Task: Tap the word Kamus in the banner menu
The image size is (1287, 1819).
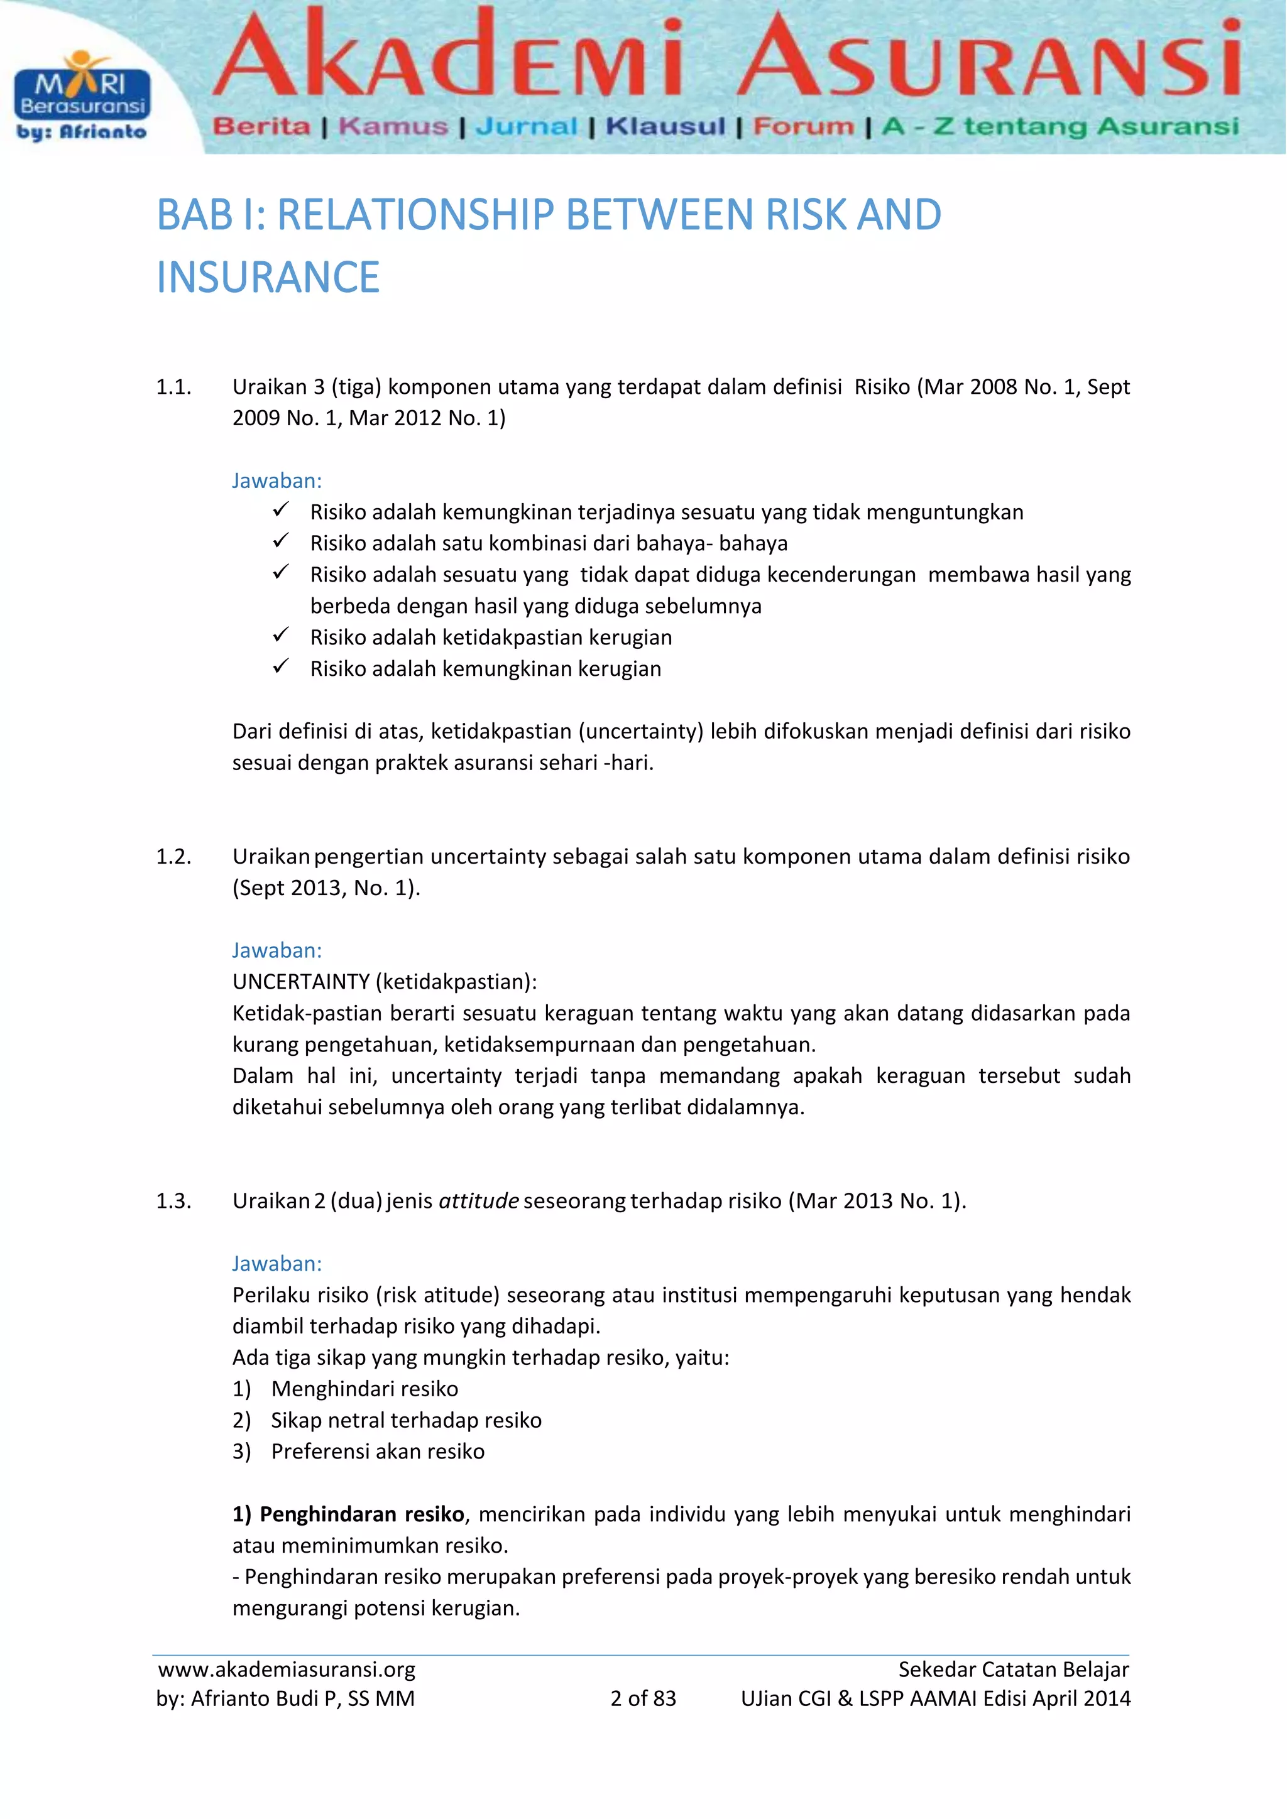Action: tap(393, 127)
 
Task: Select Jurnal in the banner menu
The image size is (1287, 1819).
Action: tap(526, 127)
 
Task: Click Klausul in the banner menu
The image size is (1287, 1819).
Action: tap(665, 127)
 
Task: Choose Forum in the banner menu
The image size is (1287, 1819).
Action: tap(804, 127)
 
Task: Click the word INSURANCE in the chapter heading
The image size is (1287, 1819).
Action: tap(268, 277)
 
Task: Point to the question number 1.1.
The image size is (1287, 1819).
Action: tap(173, 387)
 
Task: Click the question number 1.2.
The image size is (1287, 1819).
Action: tap(173, 856)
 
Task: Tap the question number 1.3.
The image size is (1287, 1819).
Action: tap(173, 1201)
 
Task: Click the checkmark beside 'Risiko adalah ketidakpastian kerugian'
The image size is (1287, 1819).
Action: tap(280, 636)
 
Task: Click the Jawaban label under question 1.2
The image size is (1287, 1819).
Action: tap(277, 950)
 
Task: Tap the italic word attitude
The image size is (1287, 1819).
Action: tap(479, 1201)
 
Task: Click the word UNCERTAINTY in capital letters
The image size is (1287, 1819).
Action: tap(301, 982)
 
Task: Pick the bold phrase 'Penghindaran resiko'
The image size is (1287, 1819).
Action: tap(361, 1514)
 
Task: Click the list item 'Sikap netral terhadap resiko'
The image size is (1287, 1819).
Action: tap(406, 1420)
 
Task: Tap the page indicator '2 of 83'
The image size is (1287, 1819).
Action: tap(643, 1698)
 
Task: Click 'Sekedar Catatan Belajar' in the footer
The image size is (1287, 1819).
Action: tap(1013, 1670)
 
